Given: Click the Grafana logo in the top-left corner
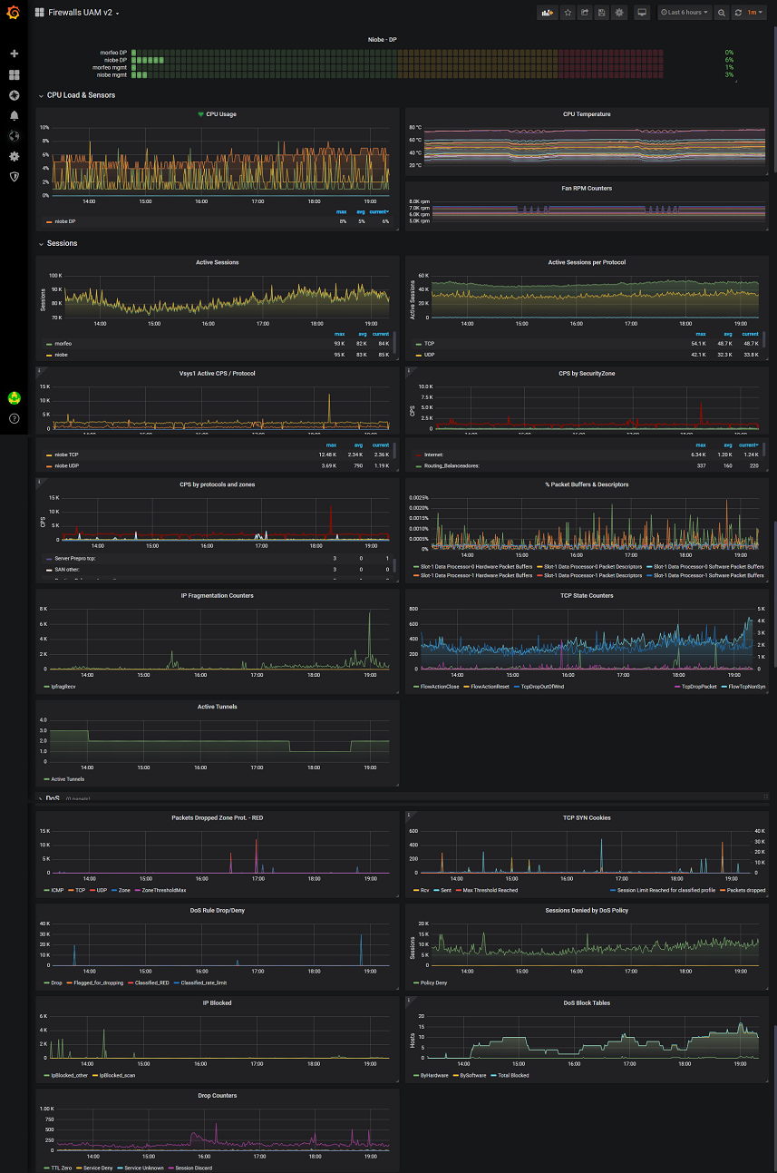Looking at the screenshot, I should point(14,13).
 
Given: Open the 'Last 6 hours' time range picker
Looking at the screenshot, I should point(684,13).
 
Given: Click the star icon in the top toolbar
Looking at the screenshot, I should point(568,13).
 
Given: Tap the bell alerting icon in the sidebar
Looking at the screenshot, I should point(14,115).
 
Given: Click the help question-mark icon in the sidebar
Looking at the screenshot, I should point(14,418).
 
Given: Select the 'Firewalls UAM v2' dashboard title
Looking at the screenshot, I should point(82,13).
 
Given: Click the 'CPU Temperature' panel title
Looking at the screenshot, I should point(587,114).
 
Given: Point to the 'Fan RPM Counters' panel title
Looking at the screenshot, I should point(587,188).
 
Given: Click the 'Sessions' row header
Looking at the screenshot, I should point(62,243).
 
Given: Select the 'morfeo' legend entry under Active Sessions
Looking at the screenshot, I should point(63,345).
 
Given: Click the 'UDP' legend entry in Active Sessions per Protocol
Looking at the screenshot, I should point(429,355).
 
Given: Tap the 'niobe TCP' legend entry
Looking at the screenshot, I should point(66,455).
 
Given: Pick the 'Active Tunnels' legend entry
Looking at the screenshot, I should point(68,779).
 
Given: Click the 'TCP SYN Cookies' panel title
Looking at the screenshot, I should point(587,817).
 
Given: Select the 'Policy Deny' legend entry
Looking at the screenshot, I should point(433,982).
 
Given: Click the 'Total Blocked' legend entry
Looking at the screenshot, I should point(514,1075).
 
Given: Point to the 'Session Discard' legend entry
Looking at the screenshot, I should point(193,1168).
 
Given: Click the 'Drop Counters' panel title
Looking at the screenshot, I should point(217,1095).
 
